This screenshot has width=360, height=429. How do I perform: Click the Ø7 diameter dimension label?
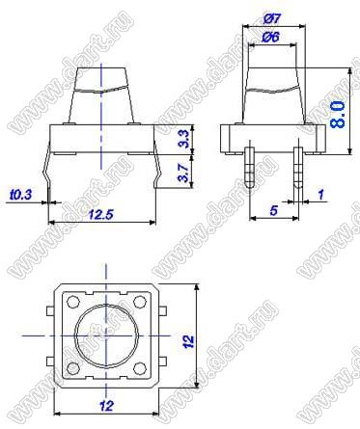click(x=272, y=18)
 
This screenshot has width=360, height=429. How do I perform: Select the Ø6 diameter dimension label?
click(x=270, y=37)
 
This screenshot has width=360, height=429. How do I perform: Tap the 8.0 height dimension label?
click(x=338, y=115)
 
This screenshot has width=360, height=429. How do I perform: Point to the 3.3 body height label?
click(x=183, y=139)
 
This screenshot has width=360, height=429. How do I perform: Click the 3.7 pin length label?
click(x=183, y=173)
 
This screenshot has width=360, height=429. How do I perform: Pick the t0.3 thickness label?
click(x=21, y=195)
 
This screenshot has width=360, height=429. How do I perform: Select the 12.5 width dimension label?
click(x=101, y=214)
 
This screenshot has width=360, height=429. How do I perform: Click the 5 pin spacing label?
click(x=273, y=210)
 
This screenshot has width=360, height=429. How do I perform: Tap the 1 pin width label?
click(x=320, y=194)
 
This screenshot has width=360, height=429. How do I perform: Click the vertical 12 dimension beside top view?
click(x=188, y=341)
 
